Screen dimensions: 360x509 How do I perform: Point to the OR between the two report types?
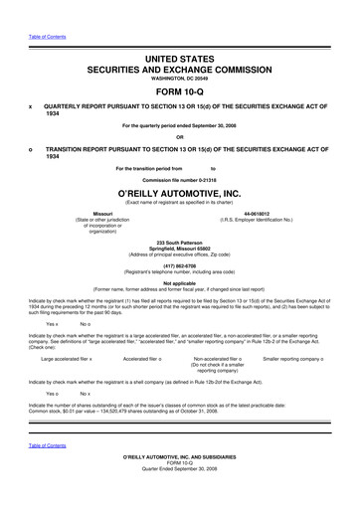click(180, 137)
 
